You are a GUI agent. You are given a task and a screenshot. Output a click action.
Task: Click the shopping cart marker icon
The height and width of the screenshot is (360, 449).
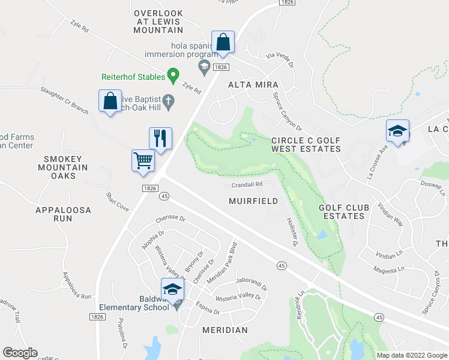143,160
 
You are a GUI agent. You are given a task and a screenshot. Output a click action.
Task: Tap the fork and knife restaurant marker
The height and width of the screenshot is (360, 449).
160,138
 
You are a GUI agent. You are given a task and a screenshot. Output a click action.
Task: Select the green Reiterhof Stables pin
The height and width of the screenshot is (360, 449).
173,76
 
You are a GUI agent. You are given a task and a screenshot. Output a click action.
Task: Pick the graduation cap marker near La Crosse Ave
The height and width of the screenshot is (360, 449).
397,131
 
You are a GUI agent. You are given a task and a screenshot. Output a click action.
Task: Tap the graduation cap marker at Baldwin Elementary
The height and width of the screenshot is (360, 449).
172,290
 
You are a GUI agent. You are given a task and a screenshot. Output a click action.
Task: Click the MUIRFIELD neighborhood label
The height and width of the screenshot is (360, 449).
253,201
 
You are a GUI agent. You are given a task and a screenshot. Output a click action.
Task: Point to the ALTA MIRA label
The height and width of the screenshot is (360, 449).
252,85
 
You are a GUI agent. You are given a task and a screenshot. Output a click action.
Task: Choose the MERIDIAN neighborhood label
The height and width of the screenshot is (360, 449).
224,330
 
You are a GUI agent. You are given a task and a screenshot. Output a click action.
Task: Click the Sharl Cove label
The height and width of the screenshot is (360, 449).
118,202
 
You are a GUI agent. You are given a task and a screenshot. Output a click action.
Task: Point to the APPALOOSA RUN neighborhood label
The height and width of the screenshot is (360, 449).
62,214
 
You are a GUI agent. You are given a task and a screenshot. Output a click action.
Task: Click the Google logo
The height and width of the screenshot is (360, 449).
20,353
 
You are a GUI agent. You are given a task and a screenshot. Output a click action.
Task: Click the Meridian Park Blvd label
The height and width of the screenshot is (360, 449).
223,263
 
